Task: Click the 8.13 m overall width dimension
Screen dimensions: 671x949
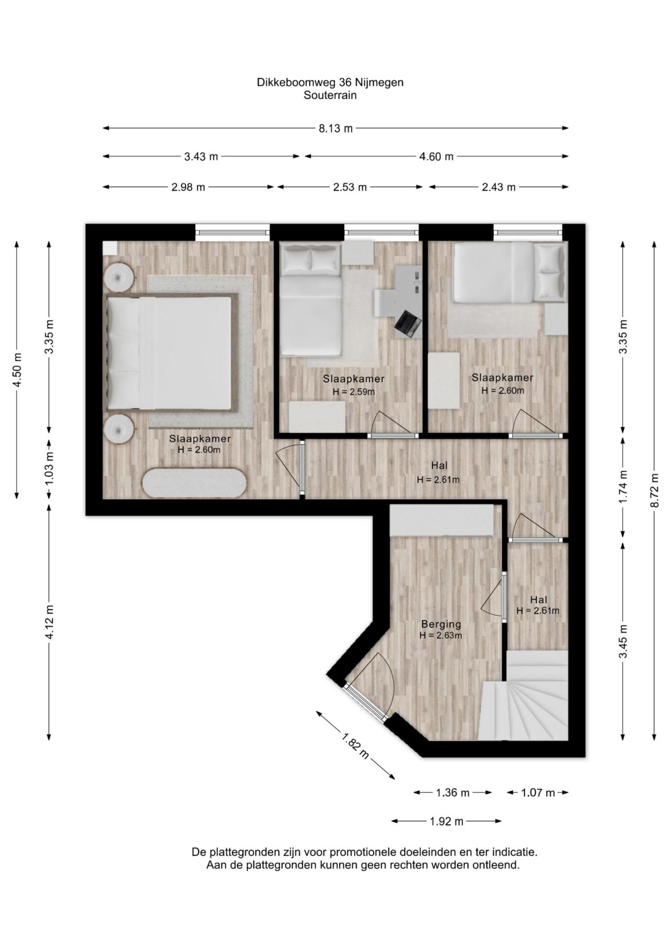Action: pos(335,128)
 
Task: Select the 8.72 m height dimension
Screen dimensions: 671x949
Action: pos(654,490)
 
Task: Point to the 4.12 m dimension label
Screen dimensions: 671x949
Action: pos(49,622)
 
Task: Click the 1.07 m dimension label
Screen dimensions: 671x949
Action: pos(537,793)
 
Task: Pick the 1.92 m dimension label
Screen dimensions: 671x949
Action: pos(447,822)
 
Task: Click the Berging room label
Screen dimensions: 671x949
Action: pos(441,624)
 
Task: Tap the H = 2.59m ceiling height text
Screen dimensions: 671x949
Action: pos(354,392)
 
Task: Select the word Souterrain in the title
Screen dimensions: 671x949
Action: pos(330,95)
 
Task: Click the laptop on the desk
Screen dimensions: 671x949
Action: pos(408,323)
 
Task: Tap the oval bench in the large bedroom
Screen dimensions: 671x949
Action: pos(194,482)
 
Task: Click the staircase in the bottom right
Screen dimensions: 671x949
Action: pos(524,696)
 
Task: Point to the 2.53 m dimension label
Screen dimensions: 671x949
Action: pos(350,187)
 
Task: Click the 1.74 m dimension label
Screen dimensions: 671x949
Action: pos(623,487)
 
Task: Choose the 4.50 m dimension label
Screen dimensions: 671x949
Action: pos(17,370)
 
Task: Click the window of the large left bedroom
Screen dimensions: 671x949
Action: pos(232,232)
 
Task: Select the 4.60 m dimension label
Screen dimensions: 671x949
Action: pos(436,156)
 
